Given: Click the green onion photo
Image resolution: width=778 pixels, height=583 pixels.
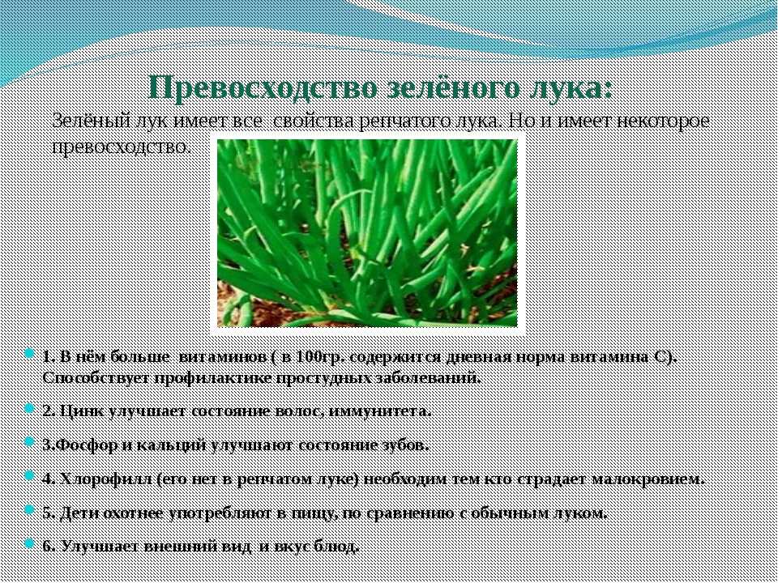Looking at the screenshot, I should click(x=367, y=233).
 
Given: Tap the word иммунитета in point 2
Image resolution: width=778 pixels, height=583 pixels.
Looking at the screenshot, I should click(x=380, y=411).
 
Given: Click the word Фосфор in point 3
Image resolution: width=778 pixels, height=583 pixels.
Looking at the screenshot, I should click(x=75, y=445).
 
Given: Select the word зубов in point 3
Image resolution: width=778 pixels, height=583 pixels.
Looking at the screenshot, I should click(x=405, y=445).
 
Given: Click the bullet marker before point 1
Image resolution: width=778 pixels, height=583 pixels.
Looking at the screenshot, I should click(x=29, y=355).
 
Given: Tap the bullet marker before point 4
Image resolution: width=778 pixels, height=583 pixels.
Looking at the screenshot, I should click(x=29, y=477).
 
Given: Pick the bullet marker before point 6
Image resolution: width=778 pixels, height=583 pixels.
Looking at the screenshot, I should click(x=29, y=544).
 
